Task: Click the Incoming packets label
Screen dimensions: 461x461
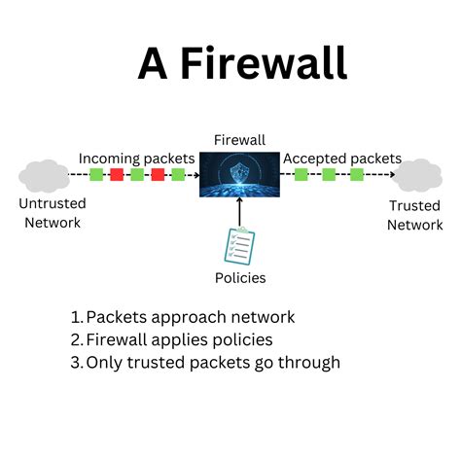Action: pos(137,158)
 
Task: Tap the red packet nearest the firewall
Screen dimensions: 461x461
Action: pos(157,175)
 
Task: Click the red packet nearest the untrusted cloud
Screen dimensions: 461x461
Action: pos(116,175)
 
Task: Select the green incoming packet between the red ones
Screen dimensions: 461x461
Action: pos(136,175)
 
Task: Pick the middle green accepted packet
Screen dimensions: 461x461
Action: pos(329,175)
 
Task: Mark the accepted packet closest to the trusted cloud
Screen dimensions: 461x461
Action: pos(356,175)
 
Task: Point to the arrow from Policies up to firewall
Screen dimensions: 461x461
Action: pos(239,210)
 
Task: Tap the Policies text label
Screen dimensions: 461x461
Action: pos(239,278)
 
